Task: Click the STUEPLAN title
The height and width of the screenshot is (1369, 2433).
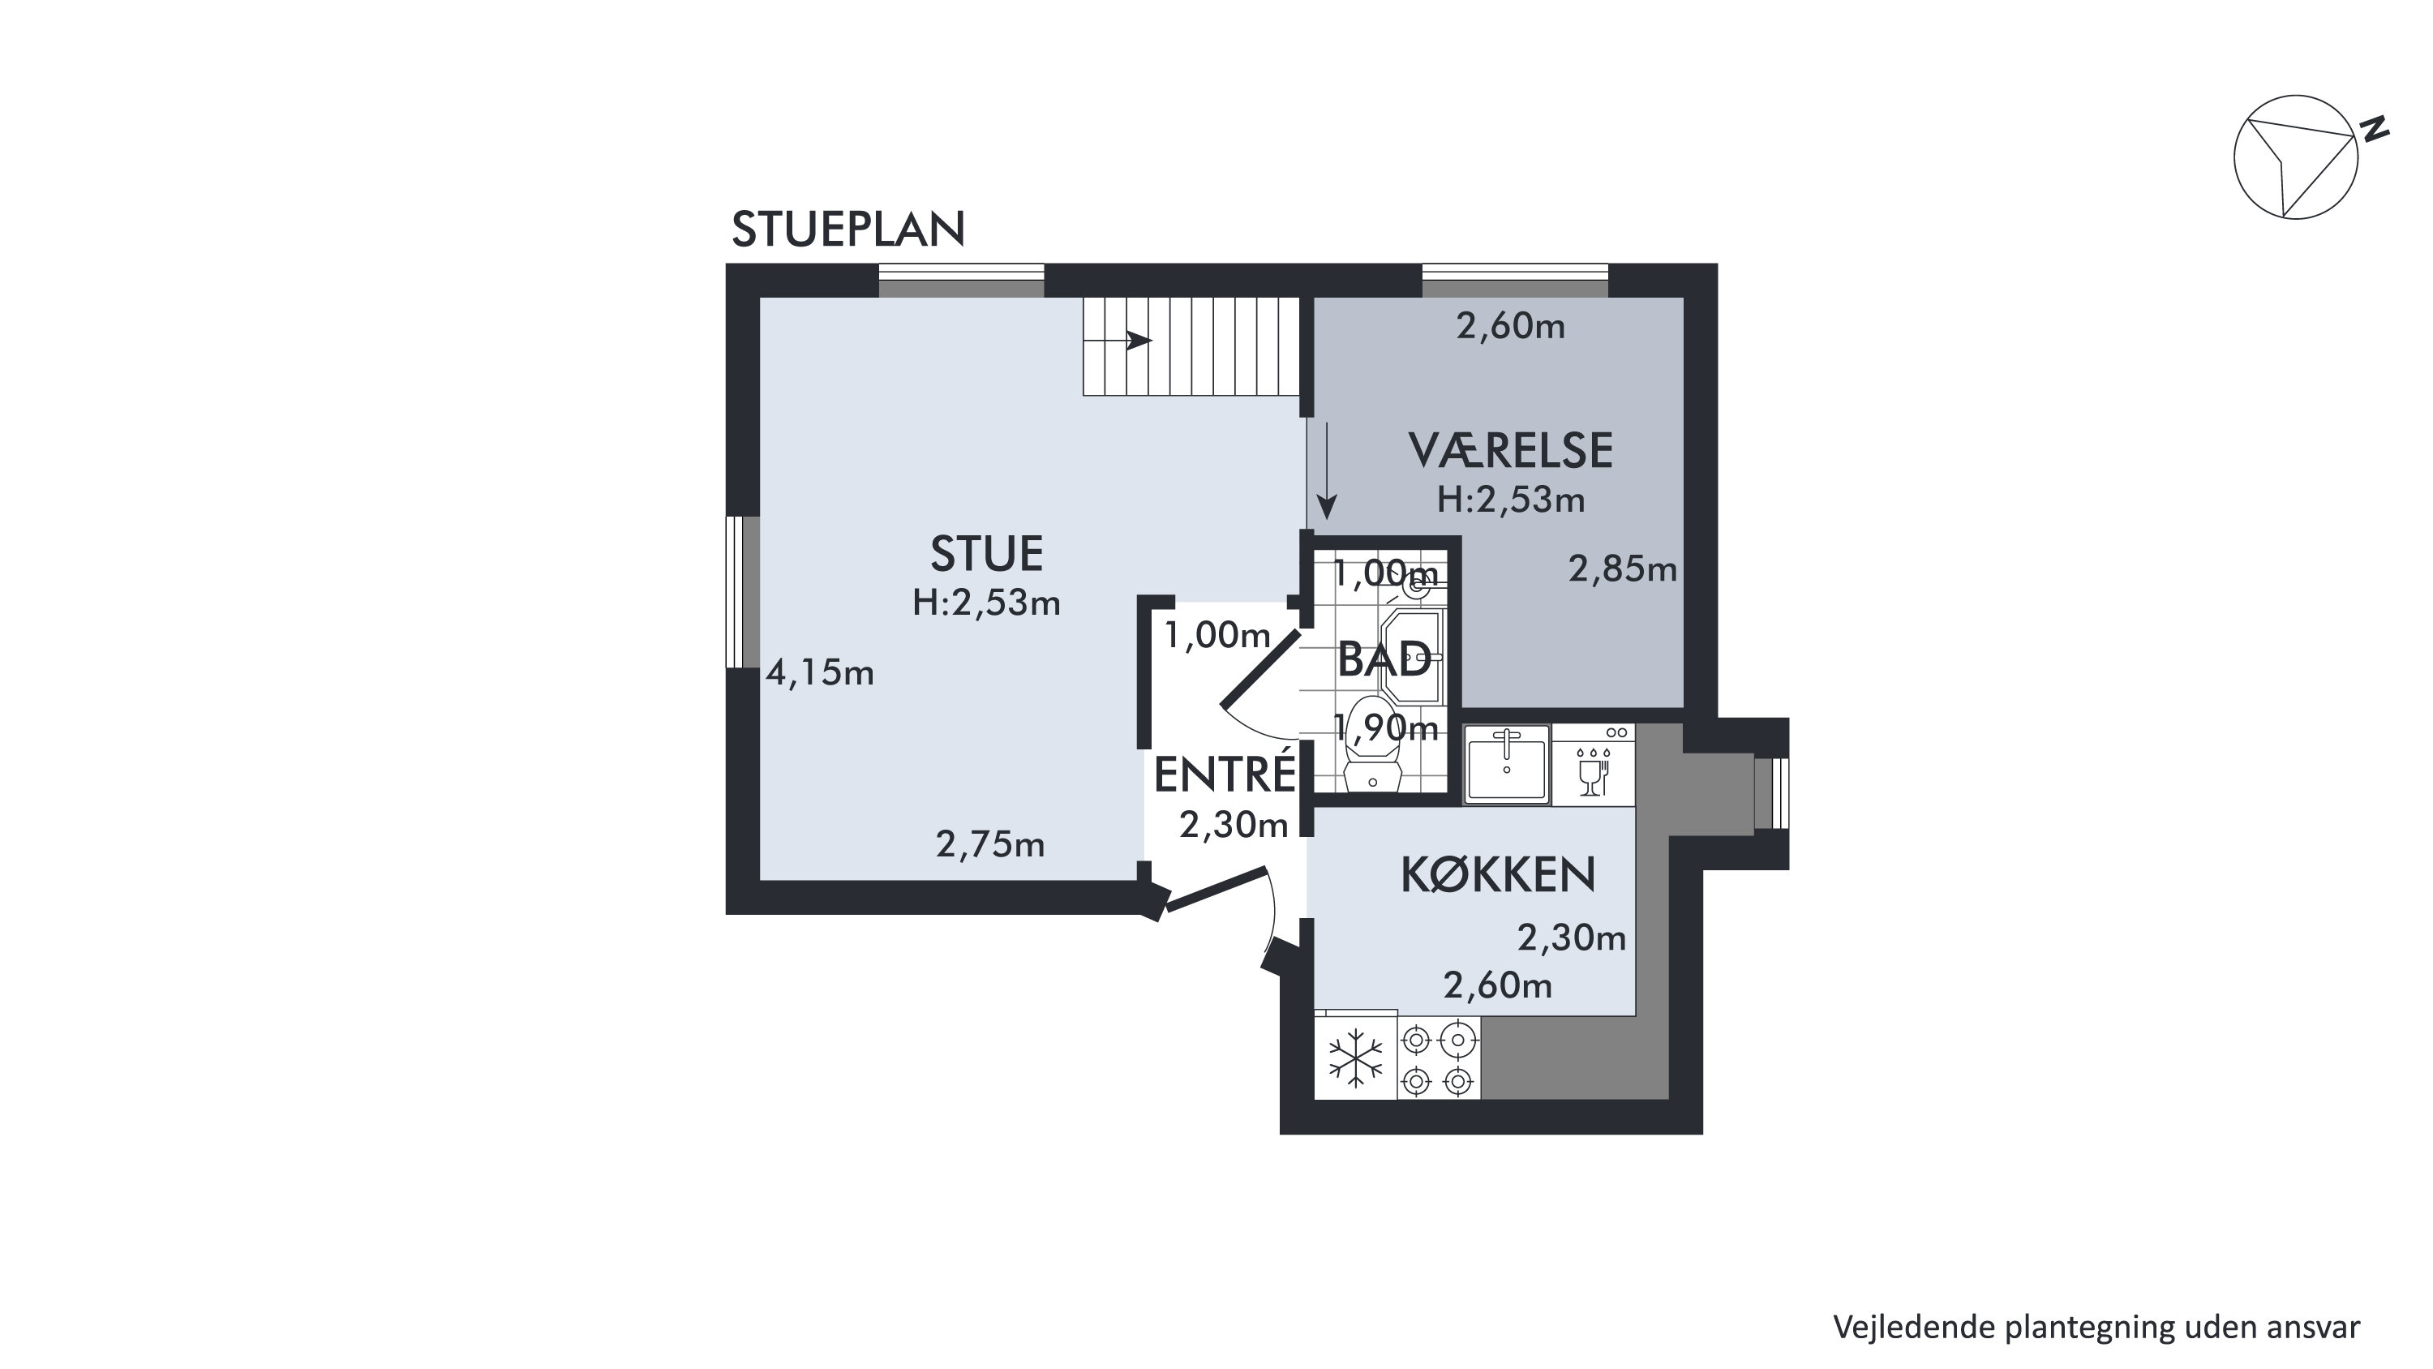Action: pos(848,230)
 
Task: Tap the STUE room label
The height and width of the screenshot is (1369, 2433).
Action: pos(986,554)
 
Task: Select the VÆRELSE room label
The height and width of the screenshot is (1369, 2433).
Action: pos(1510,451)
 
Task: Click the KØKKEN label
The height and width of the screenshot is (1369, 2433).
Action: pos(1498,875)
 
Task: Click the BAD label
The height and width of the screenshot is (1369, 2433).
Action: pos(1384,659)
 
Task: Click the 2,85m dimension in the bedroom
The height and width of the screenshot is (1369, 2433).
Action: pos(1623,569)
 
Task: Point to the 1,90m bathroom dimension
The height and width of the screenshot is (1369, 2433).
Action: pos(1385,727)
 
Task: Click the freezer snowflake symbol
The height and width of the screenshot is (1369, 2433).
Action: pos(1355,1058)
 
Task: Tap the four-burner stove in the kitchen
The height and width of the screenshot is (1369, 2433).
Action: pos(1439,1058)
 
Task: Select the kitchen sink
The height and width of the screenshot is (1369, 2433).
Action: pos(1507,764)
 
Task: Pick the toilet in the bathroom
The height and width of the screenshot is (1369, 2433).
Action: pos(1372,744)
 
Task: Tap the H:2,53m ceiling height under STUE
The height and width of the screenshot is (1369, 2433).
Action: pos(986,603)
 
